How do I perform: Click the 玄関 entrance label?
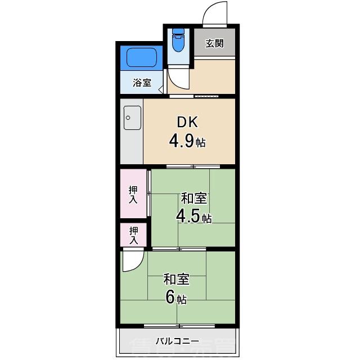[214, 43]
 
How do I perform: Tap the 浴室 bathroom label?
[142, 83]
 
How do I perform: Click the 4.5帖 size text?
[193, 216]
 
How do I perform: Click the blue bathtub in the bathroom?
[141, 57]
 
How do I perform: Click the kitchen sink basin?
[132, 118]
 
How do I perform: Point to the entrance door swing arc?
[216, 14]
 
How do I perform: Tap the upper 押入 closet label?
[133, 195]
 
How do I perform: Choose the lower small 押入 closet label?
[133, 235]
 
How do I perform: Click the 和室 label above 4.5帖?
[193, 199]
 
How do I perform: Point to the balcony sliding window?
[179, 326]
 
